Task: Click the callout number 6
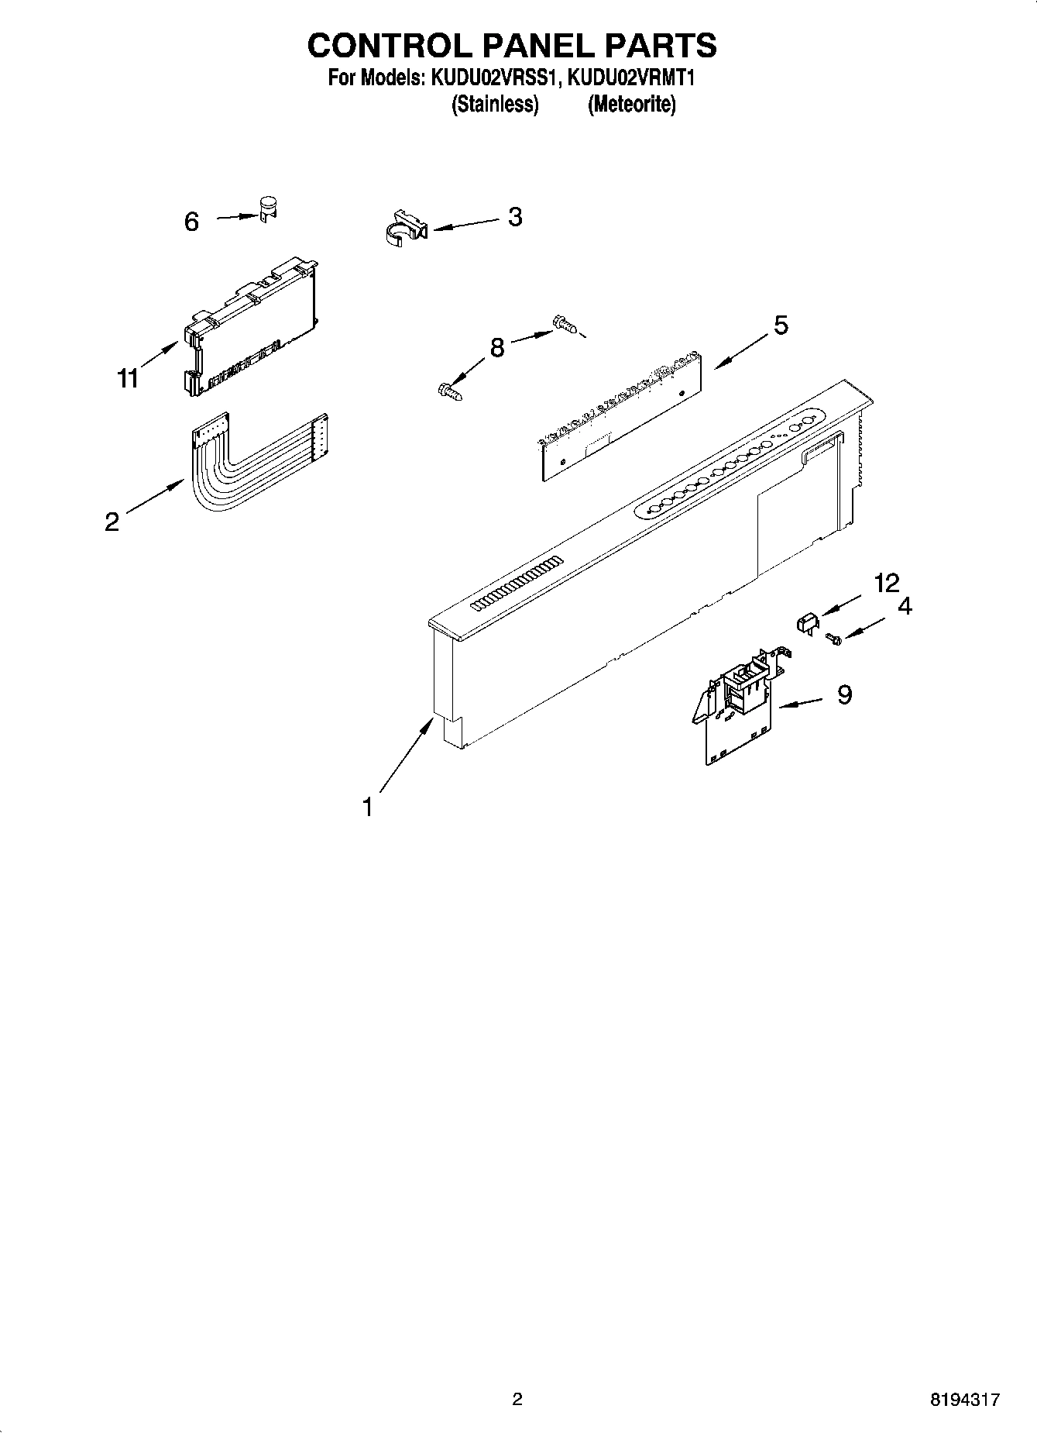[191, 222]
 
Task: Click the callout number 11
[128, 378]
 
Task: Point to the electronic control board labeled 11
[252, 326]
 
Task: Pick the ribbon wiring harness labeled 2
[248, 465]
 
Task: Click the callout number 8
[496, 347]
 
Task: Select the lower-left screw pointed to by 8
[452, 391]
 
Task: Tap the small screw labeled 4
[833, 638]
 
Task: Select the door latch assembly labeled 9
[740, 705]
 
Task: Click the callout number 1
[368, 808]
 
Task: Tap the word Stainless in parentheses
[495, 104]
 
